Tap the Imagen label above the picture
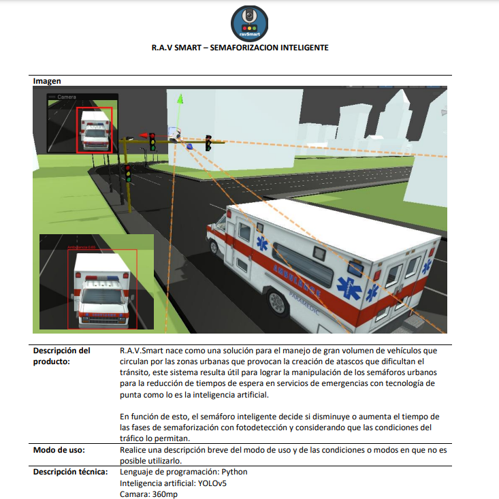click(x=47, y=81)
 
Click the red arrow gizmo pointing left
click(x=144, y=135)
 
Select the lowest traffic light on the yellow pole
click(x=127, y=173)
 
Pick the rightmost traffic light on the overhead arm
click(x=208, y=144)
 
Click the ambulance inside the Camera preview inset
click(x=93, y=131)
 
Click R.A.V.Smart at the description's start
click(x=142, y=350)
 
